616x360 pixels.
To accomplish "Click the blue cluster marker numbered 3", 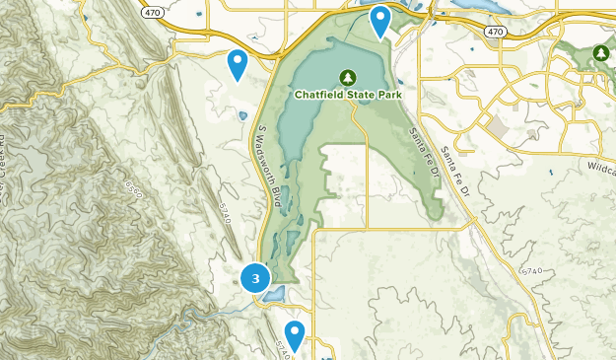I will point(255,279).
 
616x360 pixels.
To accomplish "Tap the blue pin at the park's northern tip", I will point(379,20).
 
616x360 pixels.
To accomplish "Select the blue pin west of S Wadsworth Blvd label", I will point(237,63).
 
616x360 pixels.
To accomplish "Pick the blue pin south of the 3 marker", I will point(294,333).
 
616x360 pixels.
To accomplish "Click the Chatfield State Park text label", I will point(348,95).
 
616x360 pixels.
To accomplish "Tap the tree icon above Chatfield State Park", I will point(347,77).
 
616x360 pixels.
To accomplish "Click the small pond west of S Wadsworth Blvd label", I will point(242,115).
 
